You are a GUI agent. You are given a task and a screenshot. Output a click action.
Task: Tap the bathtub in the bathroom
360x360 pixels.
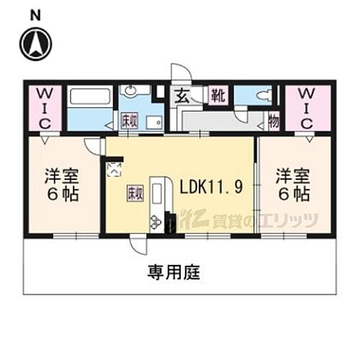pyautogui.click(x=90, y=97)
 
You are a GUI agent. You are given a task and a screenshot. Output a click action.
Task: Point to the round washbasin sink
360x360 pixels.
pyautogui.click(x=130, y=91)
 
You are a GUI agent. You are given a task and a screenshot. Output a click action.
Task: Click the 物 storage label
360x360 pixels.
pyautogui.click(x=274, y=122)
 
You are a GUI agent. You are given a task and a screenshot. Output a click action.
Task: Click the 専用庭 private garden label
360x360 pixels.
pyautogui.click(x=174, y=274)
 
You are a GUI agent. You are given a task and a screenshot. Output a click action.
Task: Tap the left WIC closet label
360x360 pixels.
pyautogui.click(x=45, y=108)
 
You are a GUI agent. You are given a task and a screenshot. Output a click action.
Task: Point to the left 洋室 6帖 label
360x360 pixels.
pyautogui.click(x=60, y=185)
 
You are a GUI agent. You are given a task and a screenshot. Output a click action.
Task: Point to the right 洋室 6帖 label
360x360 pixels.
pyautogui.click(x=293, y=185)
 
